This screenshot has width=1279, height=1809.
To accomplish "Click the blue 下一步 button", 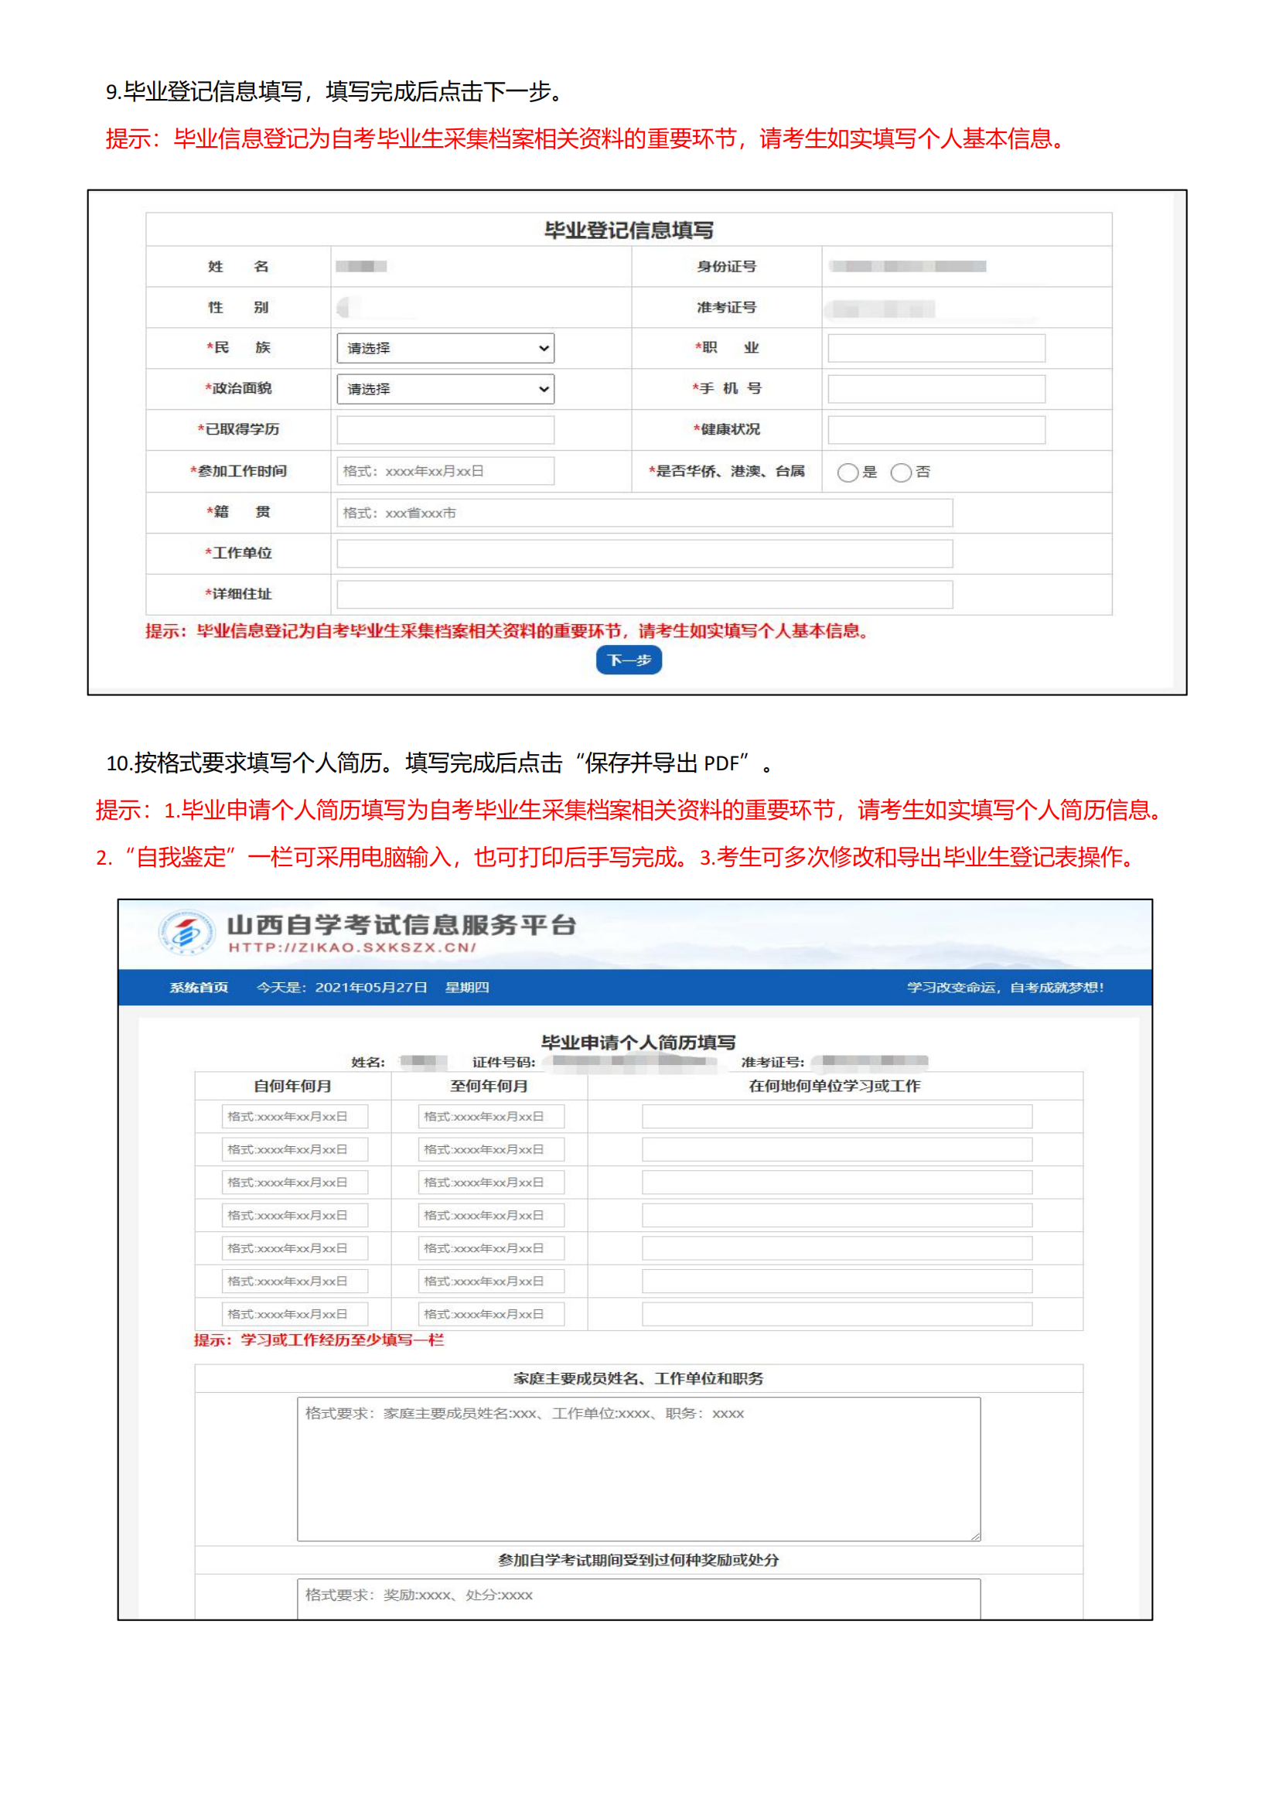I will (629, 660).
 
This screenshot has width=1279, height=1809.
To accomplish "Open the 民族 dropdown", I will (445, 348).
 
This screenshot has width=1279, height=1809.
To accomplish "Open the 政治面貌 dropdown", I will (445, 389).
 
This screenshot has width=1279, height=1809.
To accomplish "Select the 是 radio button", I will (848, 473).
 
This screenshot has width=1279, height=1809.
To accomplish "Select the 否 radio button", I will (901, 473).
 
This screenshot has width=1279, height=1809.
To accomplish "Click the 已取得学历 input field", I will (445, 430).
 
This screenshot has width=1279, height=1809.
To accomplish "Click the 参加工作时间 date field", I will (445, 471).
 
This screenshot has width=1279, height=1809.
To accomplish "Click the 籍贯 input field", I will (644, 513).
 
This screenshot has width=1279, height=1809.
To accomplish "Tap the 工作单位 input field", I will (644, 554).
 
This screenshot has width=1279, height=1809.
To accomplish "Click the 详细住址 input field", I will (644, 595).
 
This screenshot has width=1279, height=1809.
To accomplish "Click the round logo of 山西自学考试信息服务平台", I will (186, 933).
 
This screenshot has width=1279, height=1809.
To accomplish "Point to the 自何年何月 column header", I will (292, 1087).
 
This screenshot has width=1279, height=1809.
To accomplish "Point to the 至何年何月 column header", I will (489, 1087).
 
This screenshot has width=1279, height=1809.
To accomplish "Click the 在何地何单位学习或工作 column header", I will (835, 1087).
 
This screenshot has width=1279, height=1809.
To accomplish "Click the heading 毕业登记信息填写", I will (629, 230).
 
